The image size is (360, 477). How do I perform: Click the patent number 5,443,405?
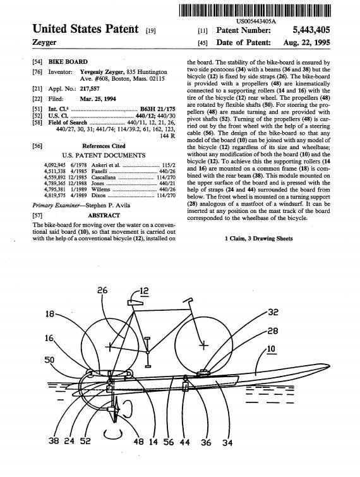311,30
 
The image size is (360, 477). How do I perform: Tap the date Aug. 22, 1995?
306,42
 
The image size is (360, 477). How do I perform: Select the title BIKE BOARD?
68,62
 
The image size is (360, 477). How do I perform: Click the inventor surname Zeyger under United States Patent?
44,42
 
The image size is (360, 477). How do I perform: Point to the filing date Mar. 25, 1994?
98,99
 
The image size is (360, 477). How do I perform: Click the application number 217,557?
90,88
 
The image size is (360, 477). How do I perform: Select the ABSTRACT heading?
104,215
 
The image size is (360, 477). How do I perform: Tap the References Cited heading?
104,146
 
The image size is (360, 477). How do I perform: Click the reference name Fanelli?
99,171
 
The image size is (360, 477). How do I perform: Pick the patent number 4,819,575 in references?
55,195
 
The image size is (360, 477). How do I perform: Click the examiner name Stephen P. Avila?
107,205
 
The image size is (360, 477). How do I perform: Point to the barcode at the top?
255,11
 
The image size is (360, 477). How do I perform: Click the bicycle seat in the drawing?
135,303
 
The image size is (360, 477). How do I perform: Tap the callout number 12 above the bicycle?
144,291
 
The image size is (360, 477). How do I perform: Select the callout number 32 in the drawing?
273,312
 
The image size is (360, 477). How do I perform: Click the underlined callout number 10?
271,349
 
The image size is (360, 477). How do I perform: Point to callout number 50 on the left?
49,360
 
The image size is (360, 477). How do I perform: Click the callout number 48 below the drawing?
138,441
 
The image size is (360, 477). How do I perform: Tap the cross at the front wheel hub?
203,346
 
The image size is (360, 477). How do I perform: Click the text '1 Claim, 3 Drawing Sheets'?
259,239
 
